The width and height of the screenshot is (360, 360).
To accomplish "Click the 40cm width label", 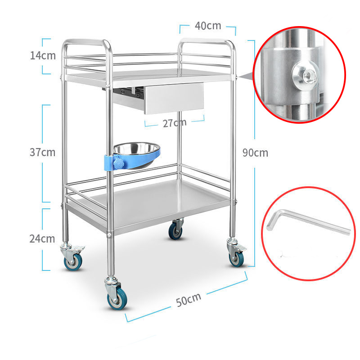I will [x=208, y=26].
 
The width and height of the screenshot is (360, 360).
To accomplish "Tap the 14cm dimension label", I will [x=43, y=56].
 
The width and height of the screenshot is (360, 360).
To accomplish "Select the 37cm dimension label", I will [x=43, y=152].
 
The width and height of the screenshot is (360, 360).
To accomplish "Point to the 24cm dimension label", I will [x=43, y=238].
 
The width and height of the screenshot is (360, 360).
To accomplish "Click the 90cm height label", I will [x=255, y=153].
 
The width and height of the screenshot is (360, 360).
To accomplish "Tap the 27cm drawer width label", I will [x=175, y=122].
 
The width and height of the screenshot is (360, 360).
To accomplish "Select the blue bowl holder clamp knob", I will [x=119, y=163].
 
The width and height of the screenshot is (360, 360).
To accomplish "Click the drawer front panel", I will [x=174, y=98].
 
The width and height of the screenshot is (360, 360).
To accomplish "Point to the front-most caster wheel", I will [x=117, y=300].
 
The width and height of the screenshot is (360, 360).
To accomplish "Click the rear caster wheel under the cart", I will [x=175, y=231].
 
